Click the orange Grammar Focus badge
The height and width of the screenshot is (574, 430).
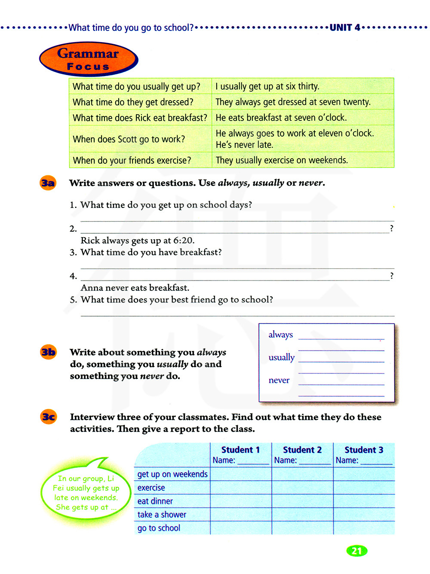89,59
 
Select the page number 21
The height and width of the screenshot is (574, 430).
356,551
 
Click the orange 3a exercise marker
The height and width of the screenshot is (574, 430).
48,183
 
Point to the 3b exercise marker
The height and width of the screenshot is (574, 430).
48,352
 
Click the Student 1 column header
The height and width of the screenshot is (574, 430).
240,450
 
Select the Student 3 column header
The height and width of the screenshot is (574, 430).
364,450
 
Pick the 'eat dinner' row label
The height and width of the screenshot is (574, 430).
155,501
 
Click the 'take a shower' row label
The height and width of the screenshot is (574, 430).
162,514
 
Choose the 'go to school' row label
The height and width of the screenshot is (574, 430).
159,528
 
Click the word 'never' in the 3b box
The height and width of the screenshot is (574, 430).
279,380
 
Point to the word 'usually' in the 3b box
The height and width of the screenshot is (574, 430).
282,357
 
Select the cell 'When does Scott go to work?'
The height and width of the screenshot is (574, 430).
129,139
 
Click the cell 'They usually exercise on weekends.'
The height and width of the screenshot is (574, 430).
282,160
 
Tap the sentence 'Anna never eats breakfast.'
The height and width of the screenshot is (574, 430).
135,288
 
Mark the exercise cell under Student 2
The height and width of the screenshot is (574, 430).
302,488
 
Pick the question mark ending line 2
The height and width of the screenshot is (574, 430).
391,228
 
